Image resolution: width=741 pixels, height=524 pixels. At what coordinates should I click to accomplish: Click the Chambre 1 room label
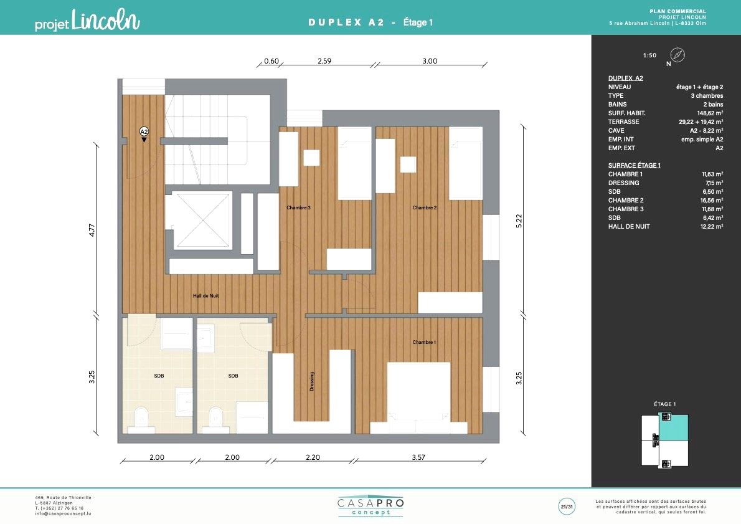point(424,342)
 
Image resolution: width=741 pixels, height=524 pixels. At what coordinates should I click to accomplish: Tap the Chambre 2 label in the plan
point(425,207)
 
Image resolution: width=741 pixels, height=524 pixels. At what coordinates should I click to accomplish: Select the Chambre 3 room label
point(298,207)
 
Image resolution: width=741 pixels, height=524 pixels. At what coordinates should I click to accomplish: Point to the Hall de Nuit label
point(205,295)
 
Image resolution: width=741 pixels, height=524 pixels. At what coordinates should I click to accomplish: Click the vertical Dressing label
point(311,381)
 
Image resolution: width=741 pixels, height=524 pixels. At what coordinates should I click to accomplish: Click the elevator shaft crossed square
point(202,219)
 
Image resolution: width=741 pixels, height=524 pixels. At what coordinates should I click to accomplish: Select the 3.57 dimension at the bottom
point(418,457)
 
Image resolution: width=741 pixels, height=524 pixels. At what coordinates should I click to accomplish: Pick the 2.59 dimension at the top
point(324,60)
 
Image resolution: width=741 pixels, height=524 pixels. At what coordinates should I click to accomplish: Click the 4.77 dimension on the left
point(92,231)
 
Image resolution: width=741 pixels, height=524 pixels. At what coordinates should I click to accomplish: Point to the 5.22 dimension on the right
point(519,221)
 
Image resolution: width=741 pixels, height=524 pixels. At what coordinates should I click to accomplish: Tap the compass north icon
point(677,55)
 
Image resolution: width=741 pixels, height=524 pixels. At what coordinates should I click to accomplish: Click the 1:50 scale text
point(649,55)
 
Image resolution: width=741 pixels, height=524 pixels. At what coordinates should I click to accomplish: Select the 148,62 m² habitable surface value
point(710,113)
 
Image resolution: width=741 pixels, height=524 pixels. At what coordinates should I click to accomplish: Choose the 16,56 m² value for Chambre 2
point(712,200)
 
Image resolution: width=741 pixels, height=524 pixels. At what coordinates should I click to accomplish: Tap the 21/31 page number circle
point(567,507)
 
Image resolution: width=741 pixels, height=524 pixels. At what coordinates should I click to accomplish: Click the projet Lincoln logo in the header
point(87,21)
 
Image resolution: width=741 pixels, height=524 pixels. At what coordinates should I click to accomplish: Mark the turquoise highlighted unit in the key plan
point(673,427)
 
